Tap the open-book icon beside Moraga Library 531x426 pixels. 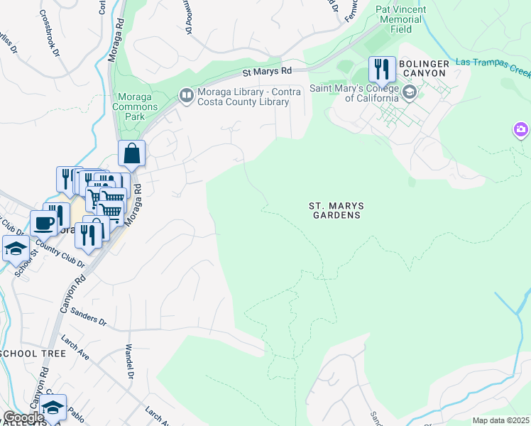pos(186,94)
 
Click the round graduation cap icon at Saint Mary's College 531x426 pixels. pos(409,92)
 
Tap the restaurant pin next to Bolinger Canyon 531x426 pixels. pos(382,70)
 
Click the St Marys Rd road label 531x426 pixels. pos(267,72)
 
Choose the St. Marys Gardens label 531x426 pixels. pos(336,210)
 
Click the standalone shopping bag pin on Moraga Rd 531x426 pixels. pos(132,153)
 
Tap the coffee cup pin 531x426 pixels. pos(43,223)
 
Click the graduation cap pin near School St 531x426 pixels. pos(16,249)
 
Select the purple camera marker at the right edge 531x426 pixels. pos(521,130)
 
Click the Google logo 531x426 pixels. pos(23,418)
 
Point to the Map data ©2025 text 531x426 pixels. pos(500,420)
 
